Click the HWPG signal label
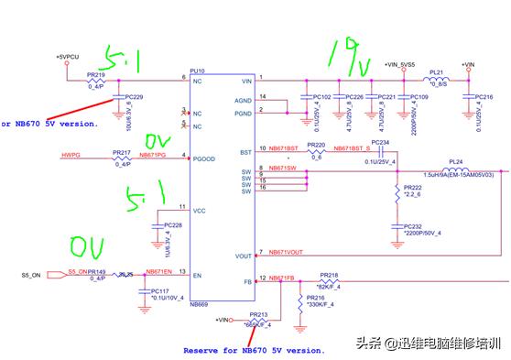72,157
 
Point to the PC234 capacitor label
381,143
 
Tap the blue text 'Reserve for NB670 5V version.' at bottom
254,349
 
